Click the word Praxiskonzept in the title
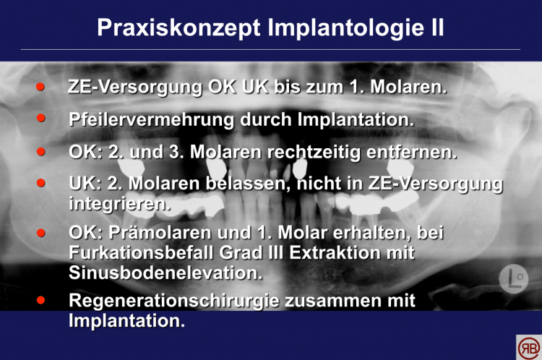click(178, 28)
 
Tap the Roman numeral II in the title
click(437, 27)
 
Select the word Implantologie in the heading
click(345, 28)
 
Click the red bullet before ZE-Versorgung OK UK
click(40, 87)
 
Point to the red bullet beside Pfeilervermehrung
click(40, 118)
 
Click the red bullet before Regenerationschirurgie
click(40, 300)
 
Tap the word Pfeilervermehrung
click(152, 120)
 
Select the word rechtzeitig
click(314, 152)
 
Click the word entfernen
click(412, 152)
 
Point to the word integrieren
click(119, 204)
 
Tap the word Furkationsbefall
click(141, 252)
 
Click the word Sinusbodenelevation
click(165, 273)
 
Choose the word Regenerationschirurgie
click(174, 301)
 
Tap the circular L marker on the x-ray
click(514, 279)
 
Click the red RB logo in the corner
click(529, 348)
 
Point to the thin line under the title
click(270, 49)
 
